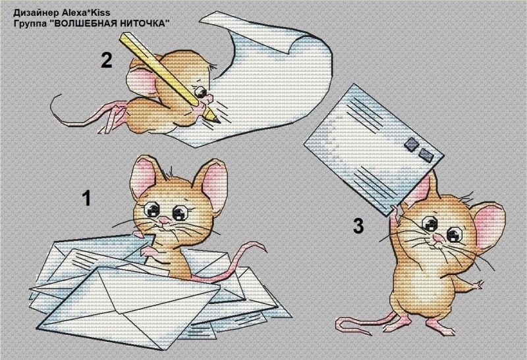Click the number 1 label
click(x=87, y=198)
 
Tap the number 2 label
click(x=107, y=60)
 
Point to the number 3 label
click(x=358, y=226)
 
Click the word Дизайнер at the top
click(x=36, y=13)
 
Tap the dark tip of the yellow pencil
click(x=217, y=120)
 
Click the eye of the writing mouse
click(x=201, y=91)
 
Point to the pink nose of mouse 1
click(x=164, y=221)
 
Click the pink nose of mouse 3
click(x=437, y=238)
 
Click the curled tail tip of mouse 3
click(x=339, y=324)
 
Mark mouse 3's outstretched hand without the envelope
click(x=478, y=286)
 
